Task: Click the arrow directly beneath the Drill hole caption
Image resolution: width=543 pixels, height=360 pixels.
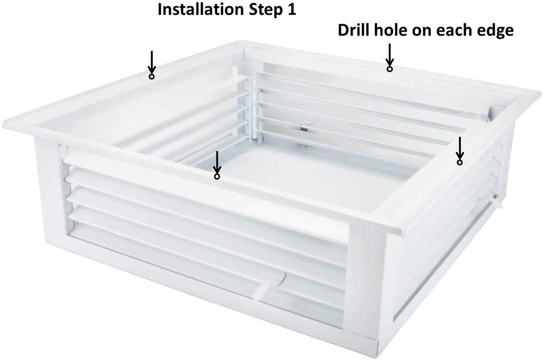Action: pos(390,54)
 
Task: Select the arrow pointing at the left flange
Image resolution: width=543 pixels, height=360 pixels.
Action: pos(151,62)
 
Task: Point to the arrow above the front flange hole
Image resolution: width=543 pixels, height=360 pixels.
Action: pos(217,162)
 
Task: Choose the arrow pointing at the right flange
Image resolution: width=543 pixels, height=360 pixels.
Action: pos(460,147)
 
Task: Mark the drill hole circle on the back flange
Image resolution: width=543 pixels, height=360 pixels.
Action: pos(390,69)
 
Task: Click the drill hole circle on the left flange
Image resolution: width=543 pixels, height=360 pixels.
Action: pos(151,76)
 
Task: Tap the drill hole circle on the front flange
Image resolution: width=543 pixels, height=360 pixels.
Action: pos(217,177)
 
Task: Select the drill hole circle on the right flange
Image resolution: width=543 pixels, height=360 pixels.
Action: pos(460,162)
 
